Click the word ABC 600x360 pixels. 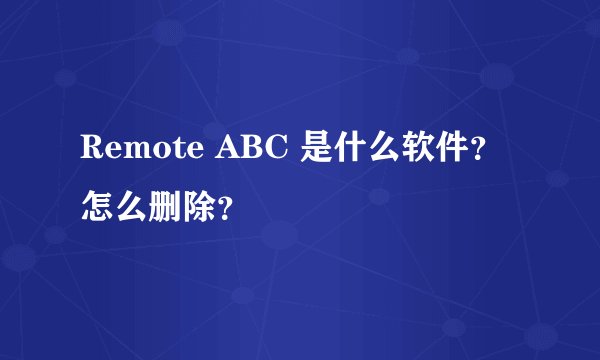tap(255, 150)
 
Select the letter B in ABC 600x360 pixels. tap(255, 150)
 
